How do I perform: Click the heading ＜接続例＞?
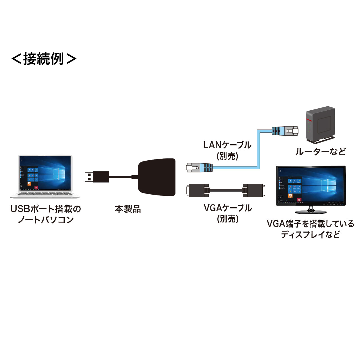tap(44, 59)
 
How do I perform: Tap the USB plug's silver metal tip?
tap(89, 177)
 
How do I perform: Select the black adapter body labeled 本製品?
tap(157, 177)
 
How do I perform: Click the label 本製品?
tap(128, 209)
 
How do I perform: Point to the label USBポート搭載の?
tap(46, 209)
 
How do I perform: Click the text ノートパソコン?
tap(46, 220)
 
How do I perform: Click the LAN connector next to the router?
tap(285, 131)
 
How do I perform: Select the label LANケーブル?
tap(227, 145)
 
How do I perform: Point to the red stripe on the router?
tap(309, 120)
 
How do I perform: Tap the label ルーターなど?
tap(320, 152)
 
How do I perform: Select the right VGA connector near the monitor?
tap(253, 190)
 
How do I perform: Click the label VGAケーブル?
tap(228, 208)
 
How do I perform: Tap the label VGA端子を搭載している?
tap(310, 224)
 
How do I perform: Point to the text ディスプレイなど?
tap(310, 235)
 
